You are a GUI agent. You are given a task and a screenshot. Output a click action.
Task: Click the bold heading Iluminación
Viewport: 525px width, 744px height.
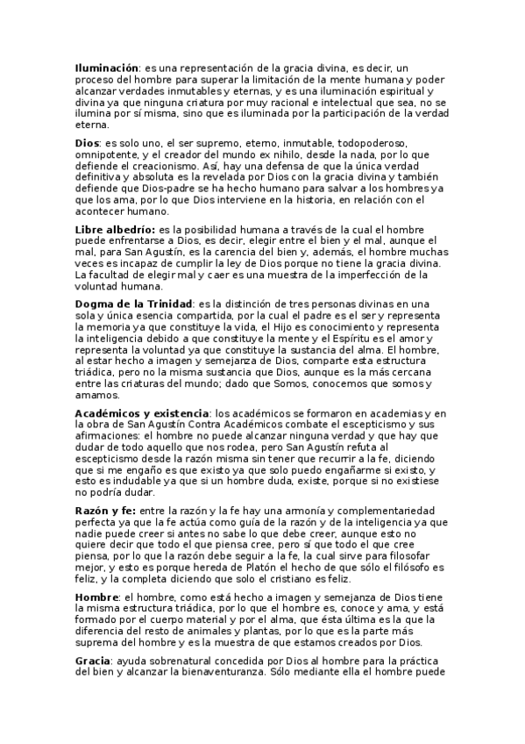pyautogui.click(x=107, y=68)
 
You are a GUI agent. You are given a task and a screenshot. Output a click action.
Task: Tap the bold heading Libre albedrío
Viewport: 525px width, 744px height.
pyautogui.click(x=114, y=229)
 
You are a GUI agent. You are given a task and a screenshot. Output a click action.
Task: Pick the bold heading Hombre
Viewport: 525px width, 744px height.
pyautogui.click(x=97, y=597)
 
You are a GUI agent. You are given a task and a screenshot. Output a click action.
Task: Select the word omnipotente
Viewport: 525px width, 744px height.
pyautogui.click(x=110, y=154)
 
